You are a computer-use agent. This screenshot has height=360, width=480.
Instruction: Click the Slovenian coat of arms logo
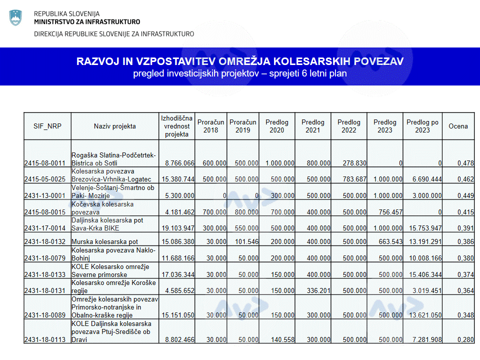(x=15, y=17)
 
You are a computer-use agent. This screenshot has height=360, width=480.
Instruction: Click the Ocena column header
(x=458, y=126)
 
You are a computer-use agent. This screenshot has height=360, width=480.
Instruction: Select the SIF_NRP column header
(x=47, y=126)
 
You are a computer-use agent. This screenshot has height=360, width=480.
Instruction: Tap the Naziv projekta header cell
(x=114, y=126)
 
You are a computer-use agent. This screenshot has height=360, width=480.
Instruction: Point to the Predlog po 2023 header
(x=422, y=126)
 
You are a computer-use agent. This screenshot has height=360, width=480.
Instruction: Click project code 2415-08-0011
(x=45, y=163)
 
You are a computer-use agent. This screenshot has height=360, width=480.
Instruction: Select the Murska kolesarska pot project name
(x=105, y=241)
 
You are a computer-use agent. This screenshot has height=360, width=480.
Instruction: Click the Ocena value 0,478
(x=465, y=163)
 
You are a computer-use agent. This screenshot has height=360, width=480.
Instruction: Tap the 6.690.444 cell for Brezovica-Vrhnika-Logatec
(x=424, y=179)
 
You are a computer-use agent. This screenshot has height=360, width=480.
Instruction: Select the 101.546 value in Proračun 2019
(x=245, y=241)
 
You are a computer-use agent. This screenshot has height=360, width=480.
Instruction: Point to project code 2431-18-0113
(x=45, y=340)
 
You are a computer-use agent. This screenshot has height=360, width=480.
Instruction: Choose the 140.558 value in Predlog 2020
(x=280, y=340)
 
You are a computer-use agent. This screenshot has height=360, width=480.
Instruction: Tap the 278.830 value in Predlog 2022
(x=353, y=163)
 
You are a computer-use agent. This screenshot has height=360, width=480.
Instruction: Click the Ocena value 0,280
(x=465, y=340)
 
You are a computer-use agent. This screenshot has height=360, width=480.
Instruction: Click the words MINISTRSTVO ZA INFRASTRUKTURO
(x=87, y=21)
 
